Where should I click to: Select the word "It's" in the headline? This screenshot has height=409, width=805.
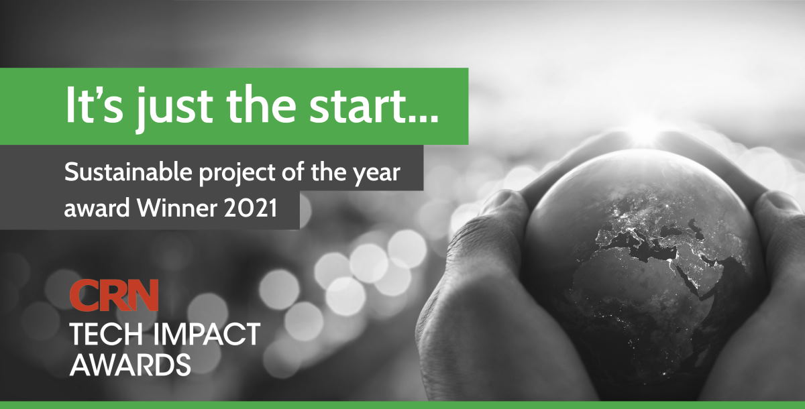[91, 105]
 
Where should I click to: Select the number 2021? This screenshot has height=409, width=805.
[256, 209]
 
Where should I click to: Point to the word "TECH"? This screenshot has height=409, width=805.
[103, 334]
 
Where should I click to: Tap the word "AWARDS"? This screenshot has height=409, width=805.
[130, 364]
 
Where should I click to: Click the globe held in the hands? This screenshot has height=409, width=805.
[644, 261]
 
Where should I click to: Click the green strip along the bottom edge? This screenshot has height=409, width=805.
[402, 404]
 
